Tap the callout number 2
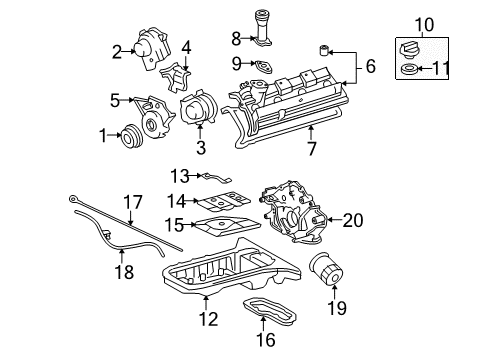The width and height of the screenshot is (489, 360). tap(117, 50)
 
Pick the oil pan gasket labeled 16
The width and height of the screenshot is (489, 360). tap(263, 299)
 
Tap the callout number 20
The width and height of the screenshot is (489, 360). tap(352, 219)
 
